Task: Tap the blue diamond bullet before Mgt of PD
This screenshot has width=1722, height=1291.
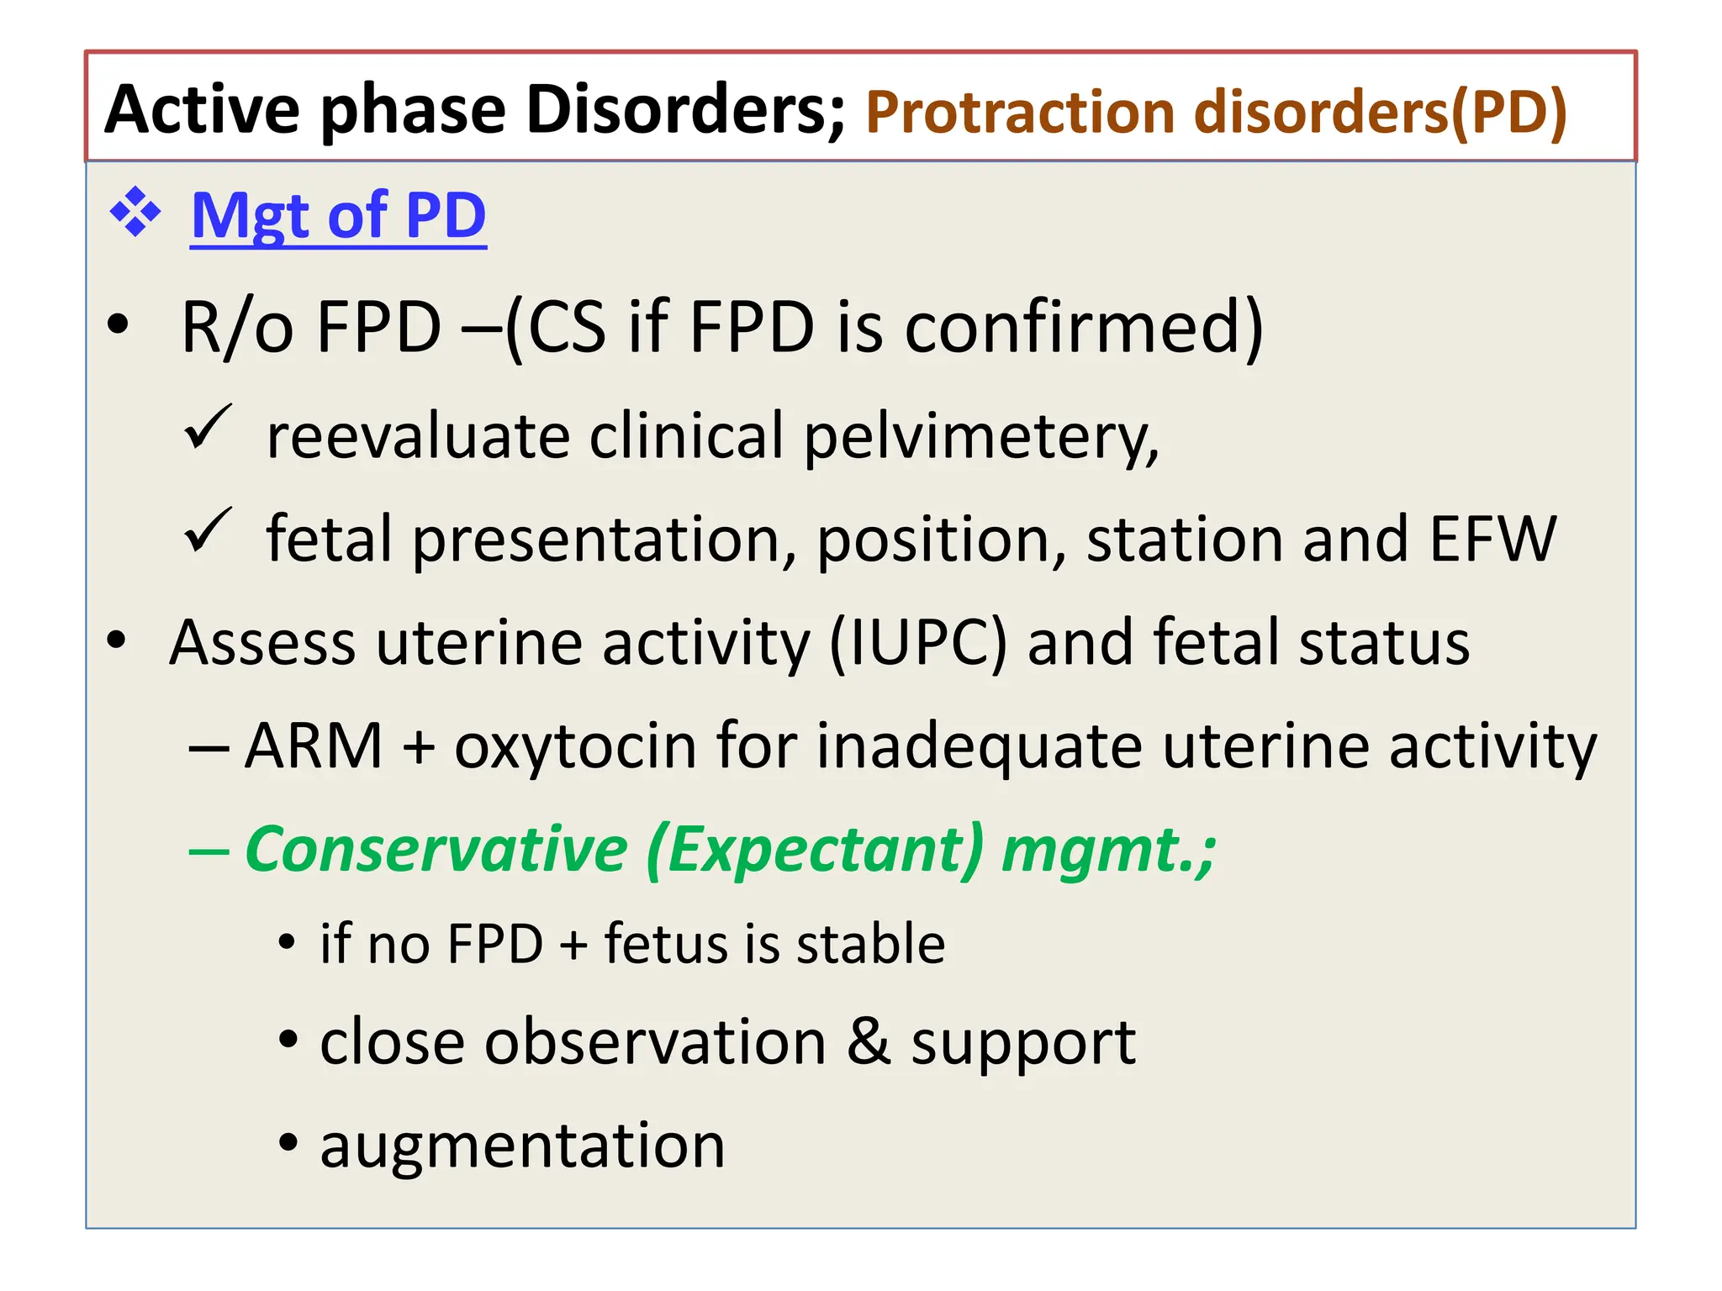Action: [135, 213]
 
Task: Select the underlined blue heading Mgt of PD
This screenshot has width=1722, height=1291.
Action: [338, 216]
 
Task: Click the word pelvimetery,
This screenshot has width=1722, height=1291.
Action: [980, 437]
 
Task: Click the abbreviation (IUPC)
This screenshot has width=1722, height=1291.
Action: [917, 643]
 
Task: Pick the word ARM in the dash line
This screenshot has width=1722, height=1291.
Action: [314, 746]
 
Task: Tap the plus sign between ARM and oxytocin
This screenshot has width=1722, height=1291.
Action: [418, 747]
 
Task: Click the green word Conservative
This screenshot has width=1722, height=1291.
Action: [436, 850]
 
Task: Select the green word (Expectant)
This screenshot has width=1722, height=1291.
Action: [814, 850]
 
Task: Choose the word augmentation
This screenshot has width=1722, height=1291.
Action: [522, 1146]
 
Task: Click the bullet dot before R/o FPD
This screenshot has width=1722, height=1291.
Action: [119, 325]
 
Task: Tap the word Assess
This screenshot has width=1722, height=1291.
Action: [261, 643]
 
